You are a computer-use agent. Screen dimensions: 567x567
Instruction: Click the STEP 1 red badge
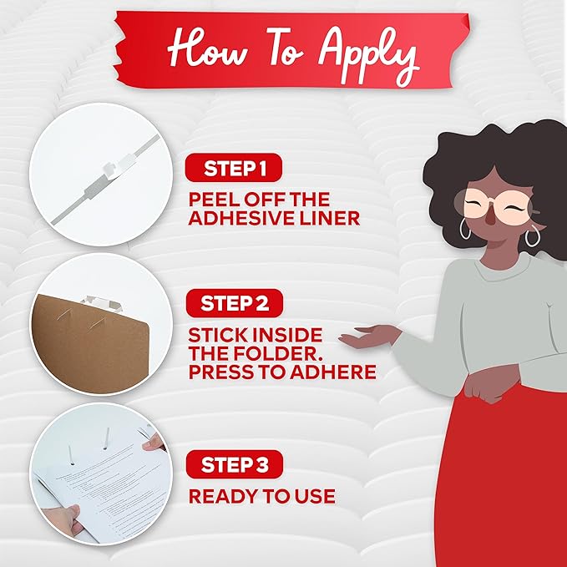click(x=234, y=168)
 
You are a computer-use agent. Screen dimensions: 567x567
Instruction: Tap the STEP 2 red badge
click(x=235, y=303)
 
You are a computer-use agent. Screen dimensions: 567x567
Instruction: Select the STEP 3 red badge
click(x=235, y=464)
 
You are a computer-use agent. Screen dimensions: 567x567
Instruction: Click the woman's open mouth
click(x=491, y=219)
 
